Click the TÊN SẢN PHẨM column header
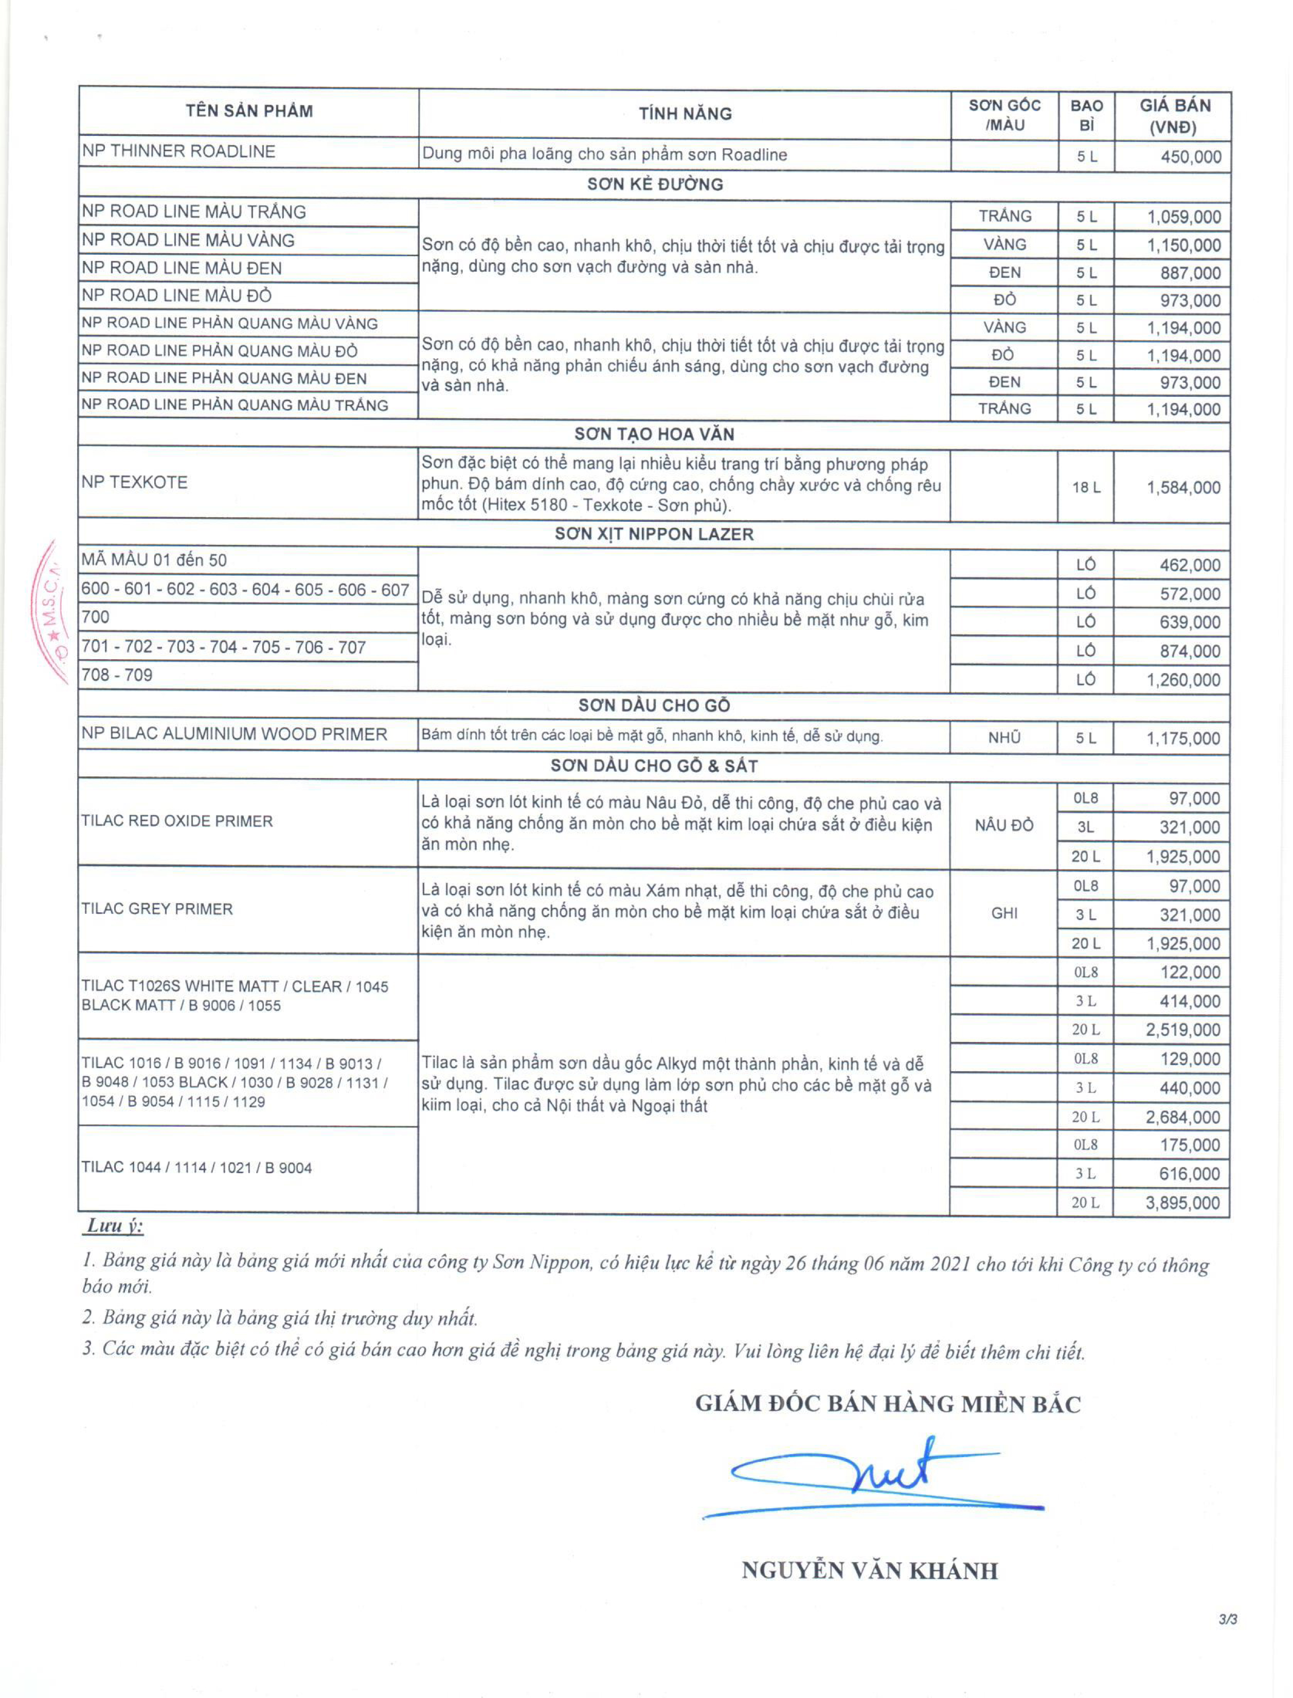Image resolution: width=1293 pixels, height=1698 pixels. coord(248,111)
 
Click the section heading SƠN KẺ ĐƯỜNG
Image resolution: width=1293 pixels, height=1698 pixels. coord(655,184)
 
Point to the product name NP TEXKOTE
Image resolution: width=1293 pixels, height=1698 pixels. coord(135,482)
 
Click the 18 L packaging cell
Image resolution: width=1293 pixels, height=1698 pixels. coord(1086,487)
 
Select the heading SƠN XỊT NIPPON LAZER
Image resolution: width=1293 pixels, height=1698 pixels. coord(654,534)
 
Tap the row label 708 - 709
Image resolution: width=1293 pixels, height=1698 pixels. coord(117,675)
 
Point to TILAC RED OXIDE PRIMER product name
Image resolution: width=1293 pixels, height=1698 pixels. coord(177,821)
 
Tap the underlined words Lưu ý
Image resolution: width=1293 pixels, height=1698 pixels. coord(114,1227)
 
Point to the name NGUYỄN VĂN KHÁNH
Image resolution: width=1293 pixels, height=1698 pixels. coord(870,1570)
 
